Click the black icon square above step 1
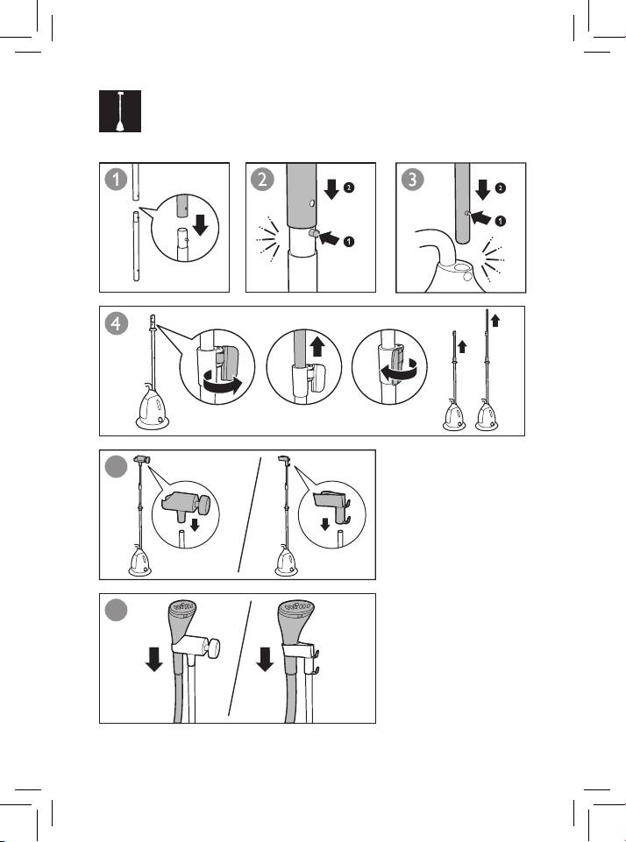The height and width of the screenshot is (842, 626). pos(120,111)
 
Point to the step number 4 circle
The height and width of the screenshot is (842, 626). pos(116,323)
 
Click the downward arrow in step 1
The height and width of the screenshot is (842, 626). pos(200,225)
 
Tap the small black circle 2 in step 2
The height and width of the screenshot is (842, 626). pos(349,188)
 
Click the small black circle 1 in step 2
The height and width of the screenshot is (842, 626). pos(349,242)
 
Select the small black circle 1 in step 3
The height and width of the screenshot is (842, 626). pos(500,221)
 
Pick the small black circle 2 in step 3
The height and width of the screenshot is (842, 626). pos(500,188)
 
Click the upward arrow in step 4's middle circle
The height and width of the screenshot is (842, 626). pos(317,346)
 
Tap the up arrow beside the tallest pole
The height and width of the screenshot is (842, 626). pos(495,321)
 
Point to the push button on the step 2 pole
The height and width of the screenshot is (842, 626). pos(314,234)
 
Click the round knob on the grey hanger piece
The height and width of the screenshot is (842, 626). pos(203,504)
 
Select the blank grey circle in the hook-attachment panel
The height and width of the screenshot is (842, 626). pos(116,467)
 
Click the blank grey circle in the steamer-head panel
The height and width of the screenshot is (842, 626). pos(116,610)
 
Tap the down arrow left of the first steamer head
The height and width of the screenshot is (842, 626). pos(154,660)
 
